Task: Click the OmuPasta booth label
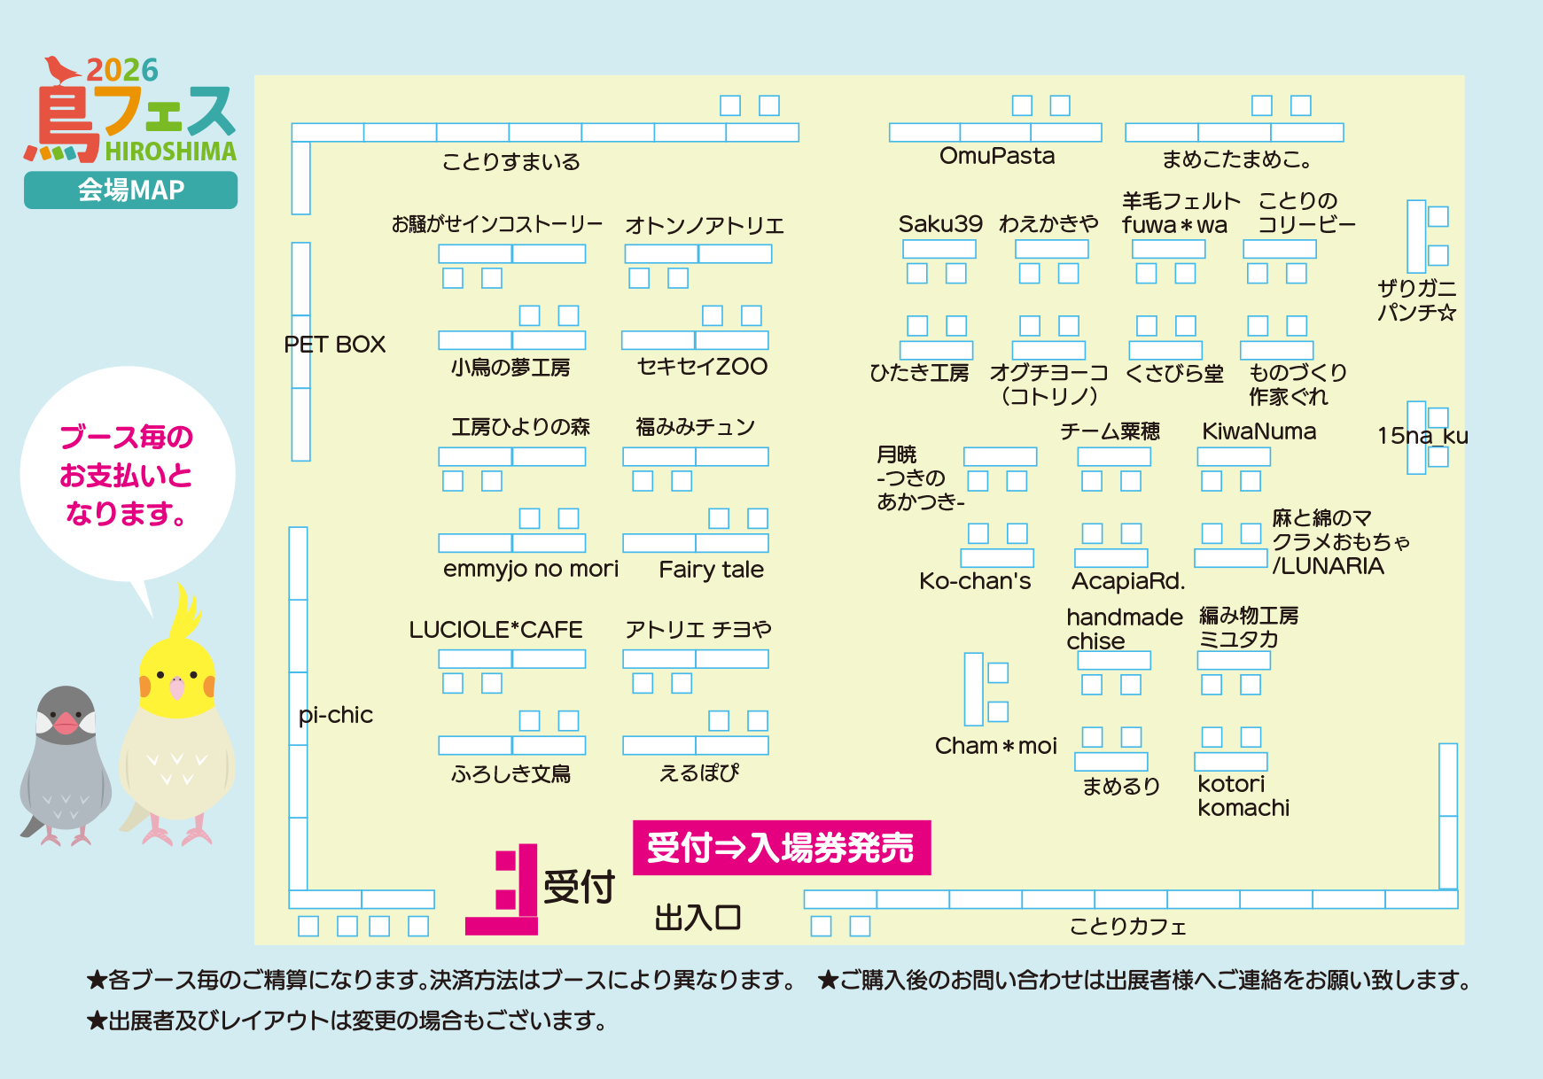pyautogui.click(x=997, y=156)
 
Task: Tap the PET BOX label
pyautogui.click(x=335, y=345)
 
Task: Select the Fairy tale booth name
pyautogui.click(x=711, y=570)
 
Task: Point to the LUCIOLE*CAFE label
pyautogui.click(x=495, y=630)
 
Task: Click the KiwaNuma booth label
pyautogui.click(x=1259, y=431)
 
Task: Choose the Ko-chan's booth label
pyautogui.click(x=975, y=581)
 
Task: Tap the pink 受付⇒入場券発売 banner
pyautogui.click(x=781, y=848)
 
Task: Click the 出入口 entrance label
pyautogui.click(x=697, y=918)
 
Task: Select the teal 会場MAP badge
pyautogui.click(x=130, y=190)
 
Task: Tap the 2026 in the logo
pyautogui.click(x=122, y=71)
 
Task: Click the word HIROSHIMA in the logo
pyautogui.click(x=171, y=151)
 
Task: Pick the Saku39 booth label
pyautogui.click(x=940, y=224)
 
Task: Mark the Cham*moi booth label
pyautogui.click(x=996, y=746)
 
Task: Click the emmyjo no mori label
pyautogui.click(x=531, y=569)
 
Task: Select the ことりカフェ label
pyautogui.click(x=1127, y=927)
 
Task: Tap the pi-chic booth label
pyautogui.click(x=336, y=715)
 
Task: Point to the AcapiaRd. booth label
pyautogui.click(x=1128, y=581)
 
